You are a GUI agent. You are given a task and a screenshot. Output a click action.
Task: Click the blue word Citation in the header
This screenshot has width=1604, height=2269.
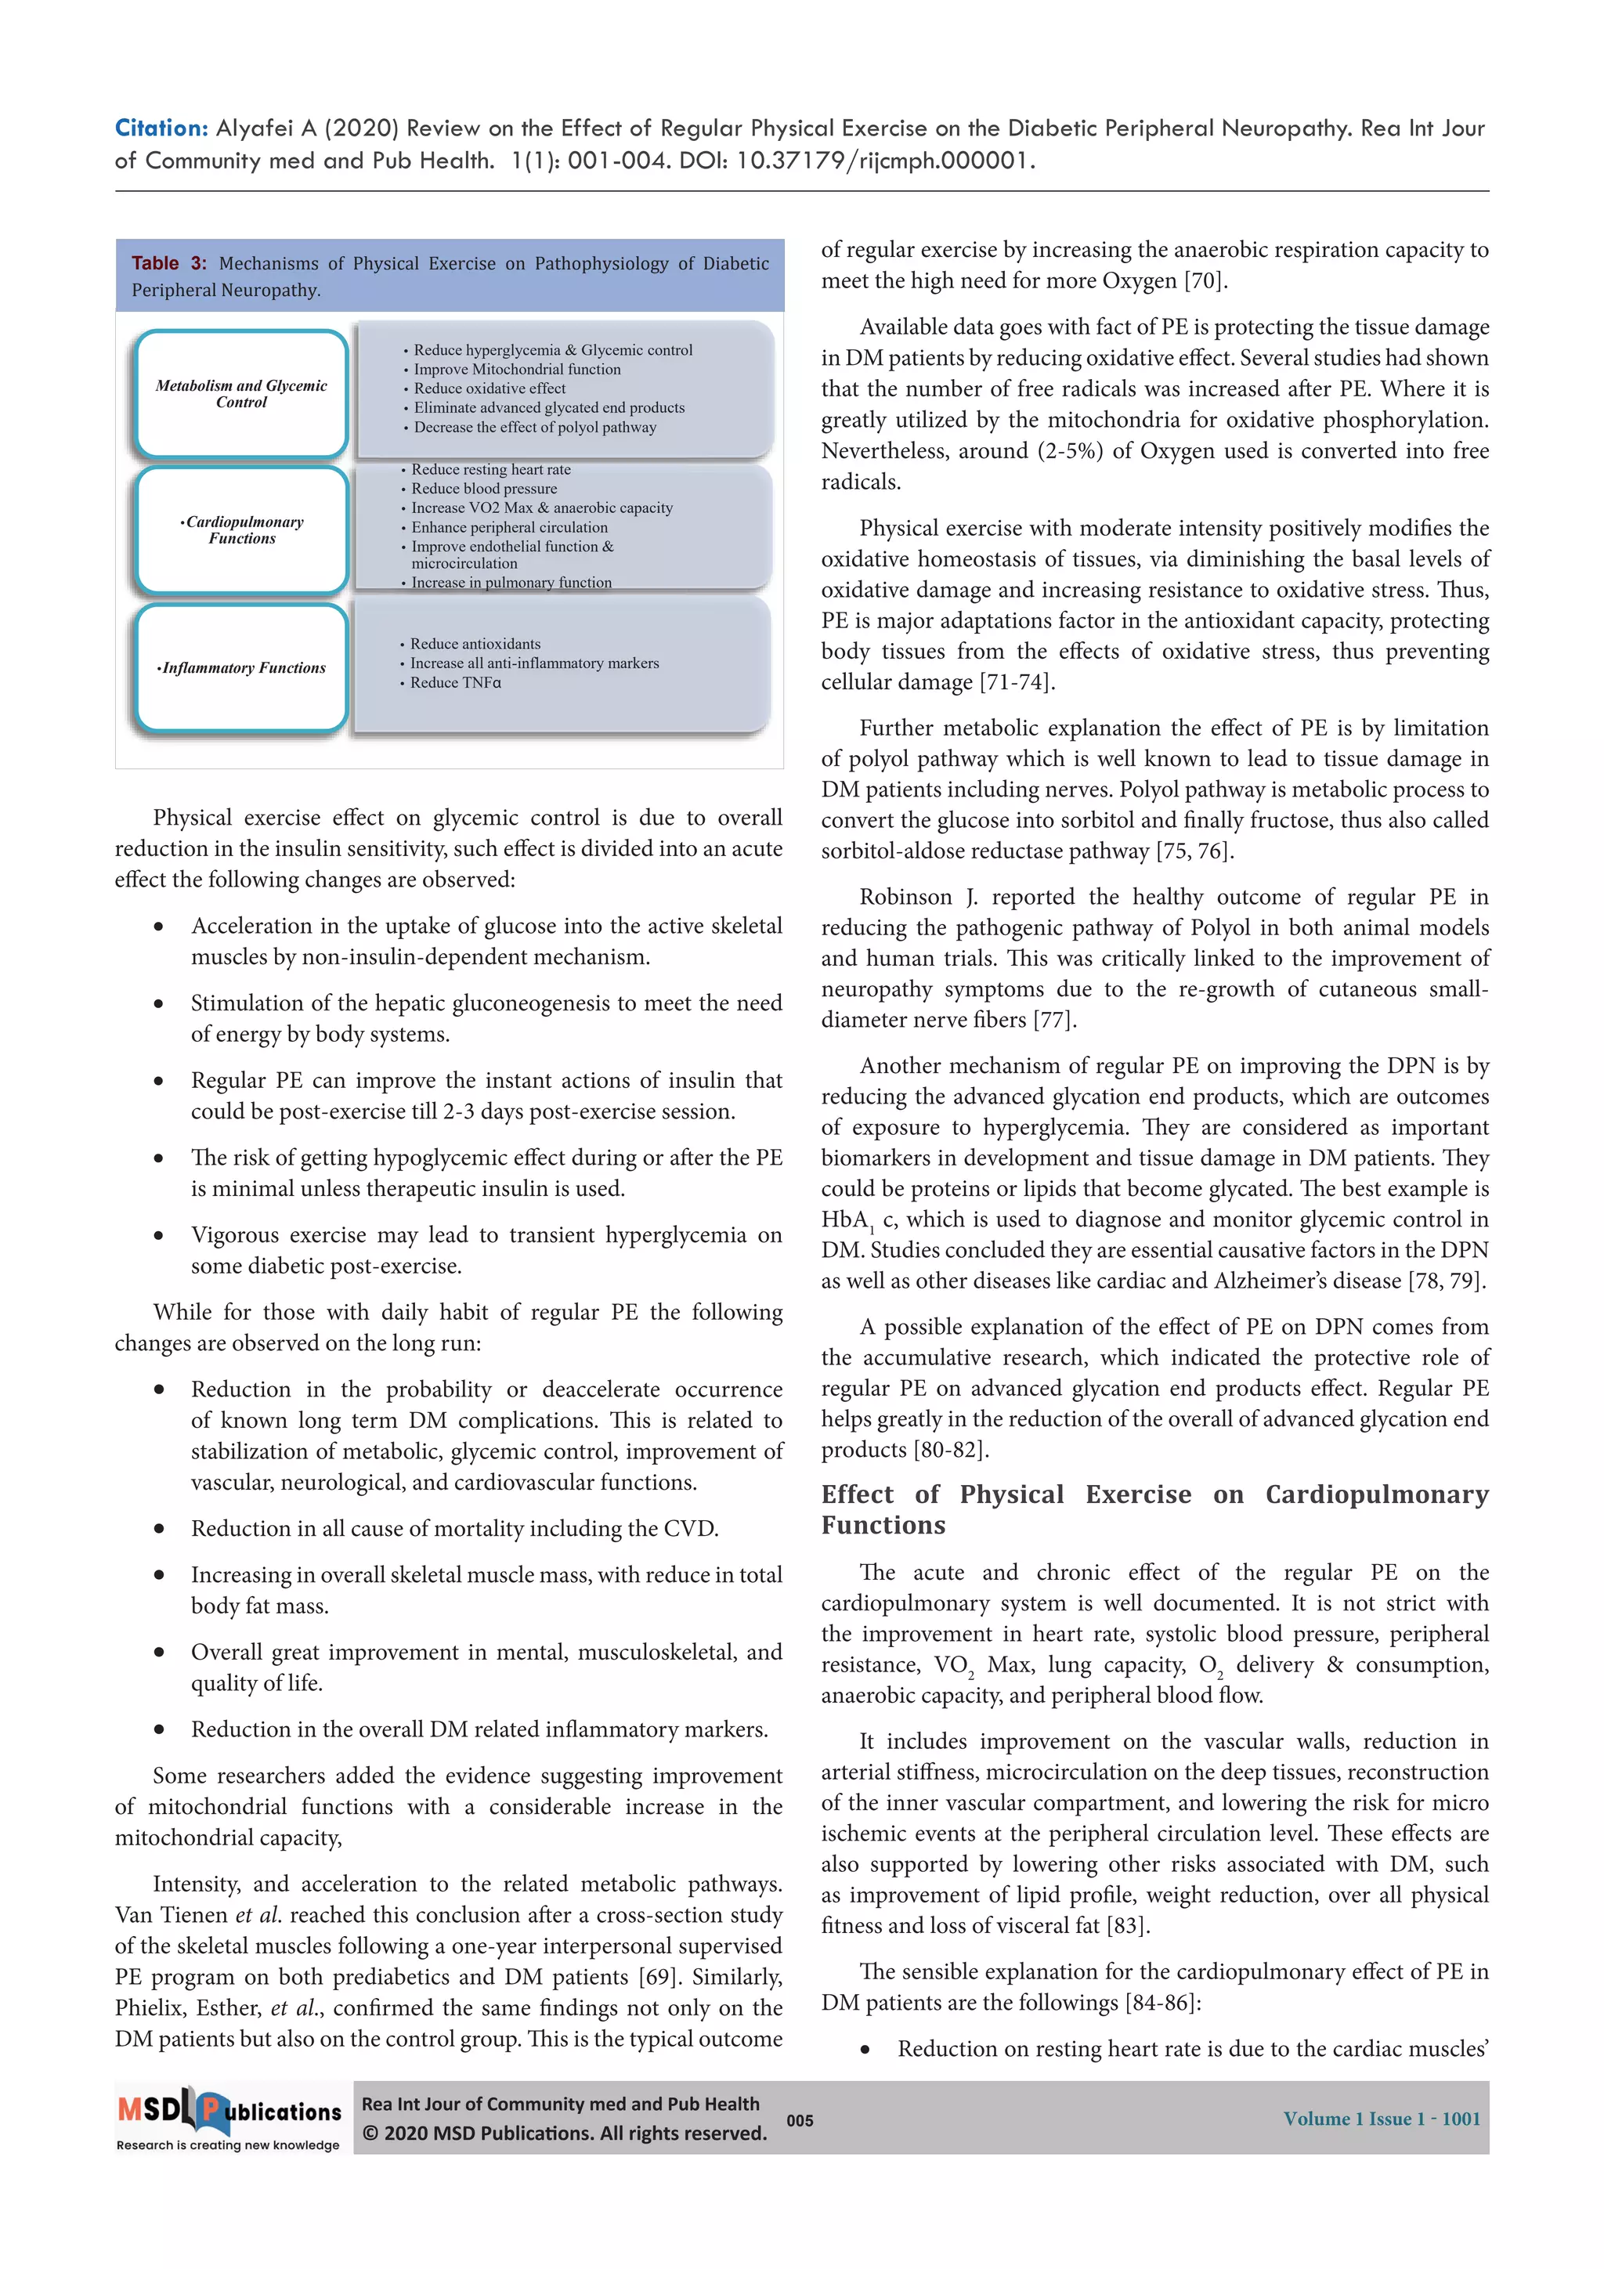[160, 128]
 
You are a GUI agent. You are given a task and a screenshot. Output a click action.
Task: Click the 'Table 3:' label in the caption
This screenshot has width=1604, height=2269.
[169, 263]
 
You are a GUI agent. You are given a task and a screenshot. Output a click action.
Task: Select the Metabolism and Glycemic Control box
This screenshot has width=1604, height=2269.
[241, 393]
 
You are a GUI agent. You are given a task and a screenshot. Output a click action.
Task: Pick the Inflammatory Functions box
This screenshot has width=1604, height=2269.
[241, 668]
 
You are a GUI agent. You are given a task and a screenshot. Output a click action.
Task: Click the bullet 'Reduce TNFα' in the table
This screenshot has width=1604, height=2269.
[456, 683]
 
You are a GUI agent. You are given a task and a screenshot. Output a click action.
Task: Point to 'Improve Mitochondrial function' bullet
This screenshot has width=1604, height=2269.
[517, 370]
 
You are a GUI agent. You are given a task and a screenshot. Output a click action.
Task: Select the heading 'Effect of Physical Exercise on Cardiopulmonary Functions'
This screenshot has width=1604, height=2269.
[1154, 1509]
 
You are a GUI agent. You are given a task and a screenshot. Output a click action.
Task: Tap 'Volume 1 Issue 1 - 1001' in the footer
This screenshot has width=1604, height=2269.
[1381, 2119]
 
